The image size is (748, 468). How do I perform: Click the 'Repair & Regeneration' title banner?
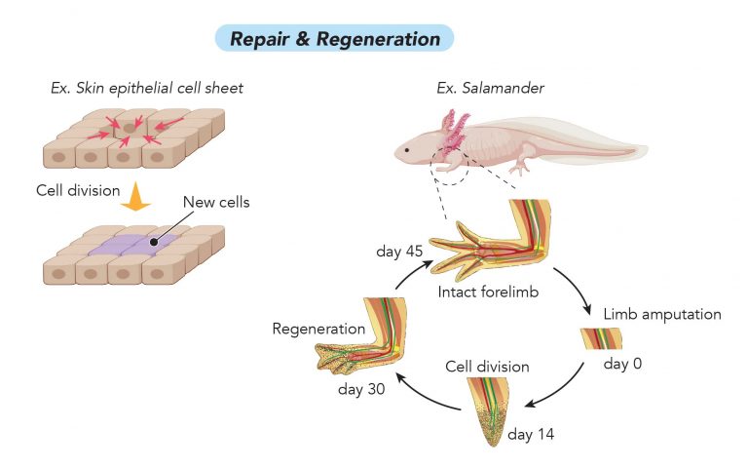(x=335, y=39)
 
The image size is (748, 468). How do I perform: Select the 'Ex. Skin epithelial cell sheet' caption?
(x=147, y=89)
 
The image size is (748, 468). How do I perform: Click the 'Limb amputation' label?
(x=661, y=314)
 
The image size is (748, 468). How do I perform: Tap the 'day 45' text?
(x=399, y=253)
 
